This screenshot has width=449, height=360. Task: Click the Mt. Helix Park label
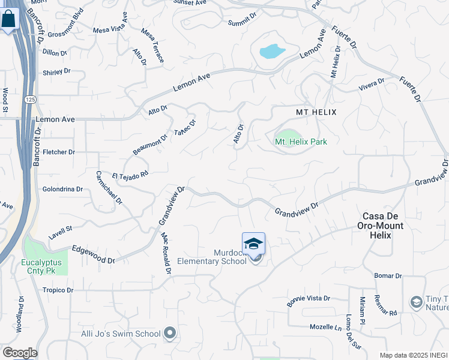(301, 142)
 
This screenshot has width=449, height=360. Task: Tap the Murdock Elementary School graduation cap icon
(253, 244)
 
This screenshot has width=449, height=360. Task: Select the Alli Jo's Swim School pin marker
(170, 333)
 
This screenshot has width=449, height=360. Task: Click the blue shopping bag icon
(9, 19)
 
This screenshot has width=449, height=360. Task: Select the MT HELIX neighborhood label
(316, 112)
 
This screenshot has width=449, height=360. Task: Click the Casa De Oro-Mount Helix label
(383, 225)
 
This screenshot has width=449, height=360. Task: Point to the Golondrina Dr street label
(62, 189)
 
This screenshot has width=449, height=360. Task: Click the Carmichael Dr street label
(109, 187)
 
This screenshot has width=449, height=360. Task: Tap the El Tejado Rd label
(130, 175)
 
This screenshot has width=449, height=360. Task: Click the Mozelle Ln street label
(325, 328)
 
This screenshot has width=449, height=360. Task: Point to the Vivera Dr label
(371, 85)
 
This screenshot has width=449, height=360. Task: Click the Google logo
(20, 353)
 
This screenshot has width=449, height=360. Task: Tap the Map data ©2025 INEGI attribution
(413, 355)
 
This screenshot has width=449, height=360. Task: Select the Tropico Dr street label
(58, 290)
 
